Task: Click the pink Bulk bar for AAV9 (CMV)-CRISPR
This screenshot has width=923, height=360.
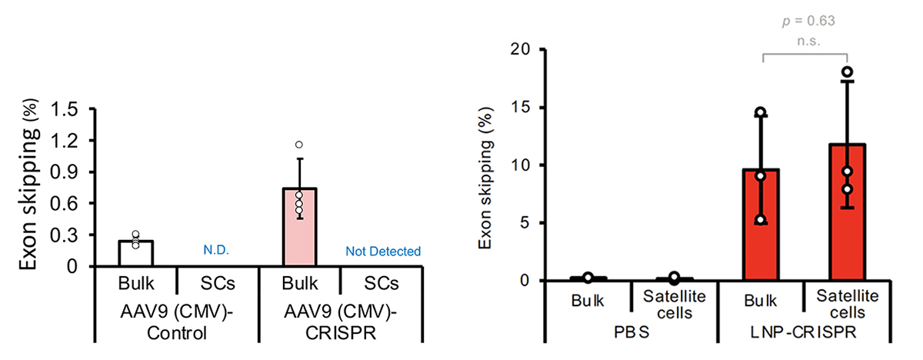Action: click(x=299, y=228)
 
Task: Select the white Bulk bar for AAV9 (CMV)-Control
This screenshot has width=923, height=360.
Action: click(x=136, y=254)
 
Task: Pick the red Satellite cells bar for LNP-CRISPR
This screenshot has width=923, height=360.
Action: click(x=847, y=223)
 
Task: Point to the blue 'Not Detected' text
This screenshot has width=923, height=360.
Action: click(x=384, y=251)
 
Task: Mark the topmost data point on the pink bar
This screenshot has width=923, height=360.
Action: click(x=298, y=145)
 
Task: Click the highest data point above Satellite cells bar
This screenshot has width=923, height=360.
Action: click(x=847, y=72)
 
